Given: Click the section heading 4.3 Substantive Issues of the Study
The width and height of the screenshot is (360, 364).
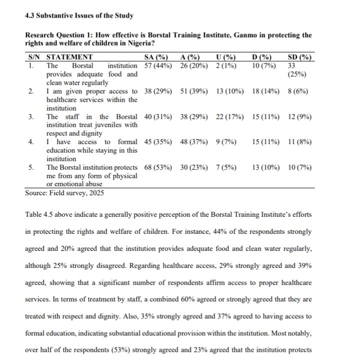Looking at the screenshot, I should click(79, 16).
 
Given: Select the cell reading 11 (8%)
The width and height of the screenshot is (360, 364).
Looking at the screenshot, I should click(300, 142).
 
